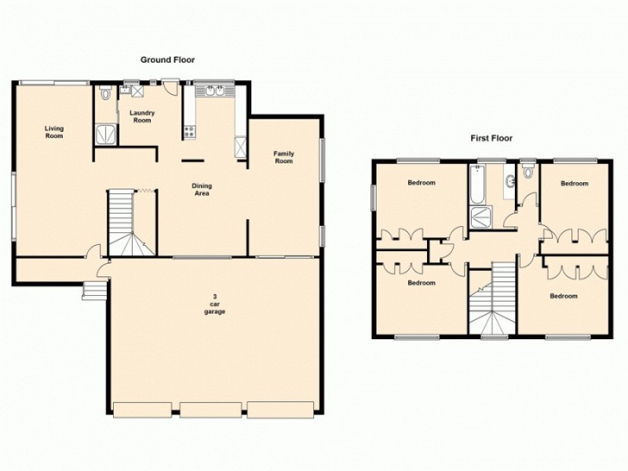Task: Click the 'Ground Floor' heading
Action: point(167,60)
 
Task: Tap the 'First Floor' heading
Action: point(491,138)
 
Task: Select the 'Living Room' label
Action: point(54,132)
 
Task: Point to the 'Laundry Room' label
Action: point(142,116)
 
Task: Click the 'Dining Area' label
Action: point(202,189)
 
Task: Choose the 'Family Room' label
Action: point(283,157)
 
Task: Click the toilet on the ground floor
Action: point(106,93)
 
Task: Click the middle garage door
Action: point(211,409)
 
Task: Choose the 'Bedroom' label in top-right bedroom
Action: point(574,184)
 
